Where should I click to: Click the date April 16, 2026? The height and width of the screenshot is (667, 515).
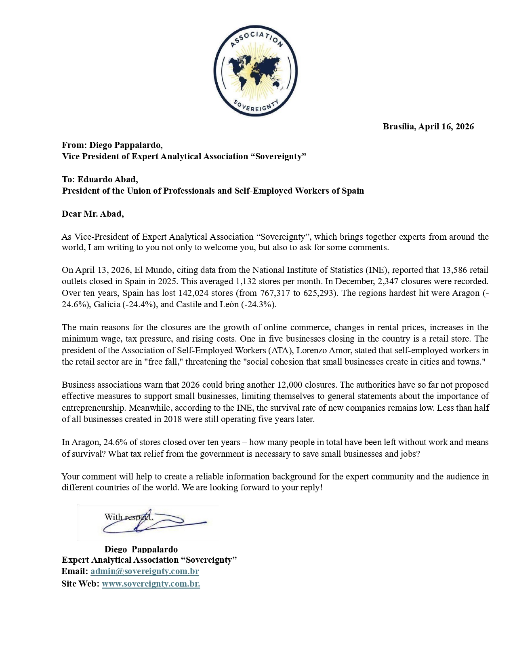pyautogui.click(x=446, y=127)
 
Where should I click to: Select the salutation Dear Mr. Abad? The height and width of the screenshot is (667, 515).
pyautogui.click(x=92, y=214)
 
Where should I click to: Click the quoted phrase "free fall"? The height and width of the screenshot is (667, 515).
pyautogui.click(x=163, y=362)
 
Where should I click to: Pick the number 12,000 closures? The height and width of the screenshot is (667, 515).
pyautogui.click(x=288, y=385)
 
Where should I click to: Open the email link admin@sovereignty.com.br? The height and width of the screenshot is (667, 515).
pyautogui.click(x=145, y=572)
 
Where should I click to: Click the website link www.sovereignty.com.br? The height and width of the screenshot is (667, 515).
pyautogui.click(x=151, y=584)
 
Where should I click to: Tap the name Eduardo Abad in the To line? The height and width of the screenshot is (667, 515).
pyautogui.click(x=107, y=179)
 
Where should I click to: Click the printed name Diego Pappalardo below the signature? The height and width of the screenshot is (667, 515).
pyautogui.click(x=141, y=549)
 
